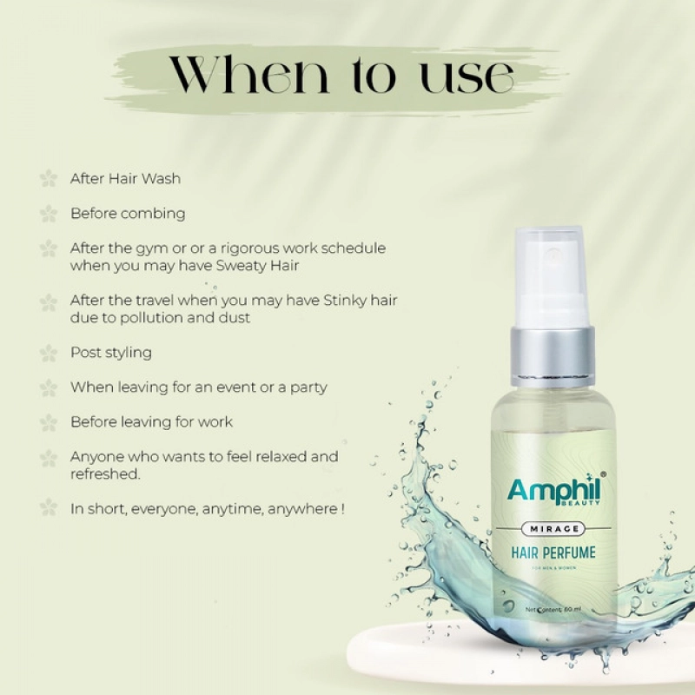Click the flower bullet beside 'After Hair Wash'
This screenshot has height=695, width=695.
click(x=49, y=178)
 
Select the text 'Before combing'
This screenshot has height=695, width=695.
click(x=128, y=213)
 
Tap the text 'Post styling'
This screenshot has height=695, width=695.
click(x=111, y=353)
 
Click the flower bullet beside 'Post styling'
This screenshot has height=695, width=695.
click(x=49, y=353)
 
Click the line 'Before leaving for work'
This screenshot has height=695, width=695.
click(x=151, y=422)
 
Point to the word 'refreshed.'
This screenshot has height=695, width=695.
click(x=105, y=474)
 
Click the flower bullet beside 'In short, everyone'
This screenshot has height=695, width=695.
click(x=49, y=508)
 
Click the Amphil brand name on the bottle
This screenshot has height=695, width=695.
click(x=552, y=491)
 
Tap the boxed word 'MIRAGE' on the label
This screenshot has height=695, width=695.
click(x=553, y=529)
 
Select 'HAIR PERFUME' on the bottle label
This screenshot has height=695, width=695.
click(x=553, y=552)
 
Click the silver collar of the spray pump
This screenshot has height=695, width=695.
click(x=553, y=354)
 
